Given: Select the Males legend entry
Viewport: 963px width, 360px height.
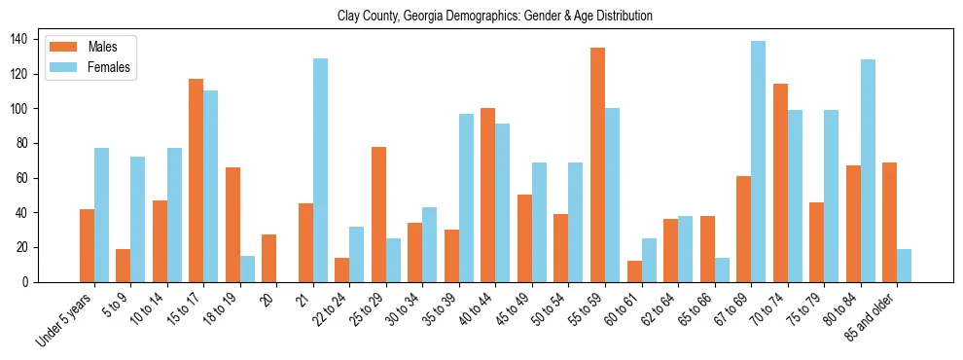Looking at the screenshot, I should (103, 47).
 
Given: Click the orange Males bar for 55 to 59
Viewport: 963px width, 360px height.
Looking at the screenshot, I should (597, 164).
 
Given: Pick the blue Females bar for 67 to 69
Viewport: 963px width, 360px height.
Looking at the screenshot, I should (758, 162).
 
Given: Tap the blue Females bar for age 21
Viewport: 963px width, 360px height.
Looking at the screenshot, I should (320, 170).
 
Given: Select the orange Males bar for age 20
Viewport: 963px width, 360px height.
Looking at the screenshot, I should (269, 258).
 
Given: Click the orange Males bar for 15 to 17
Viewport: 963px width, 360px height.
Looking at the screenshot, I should (196, 180).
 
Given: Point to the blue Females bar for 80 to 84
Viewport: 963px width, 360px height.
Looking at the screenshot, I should (868, 171).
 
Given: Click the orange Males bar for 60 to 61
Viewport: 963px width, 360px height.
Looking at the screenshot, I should (634, 271).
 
